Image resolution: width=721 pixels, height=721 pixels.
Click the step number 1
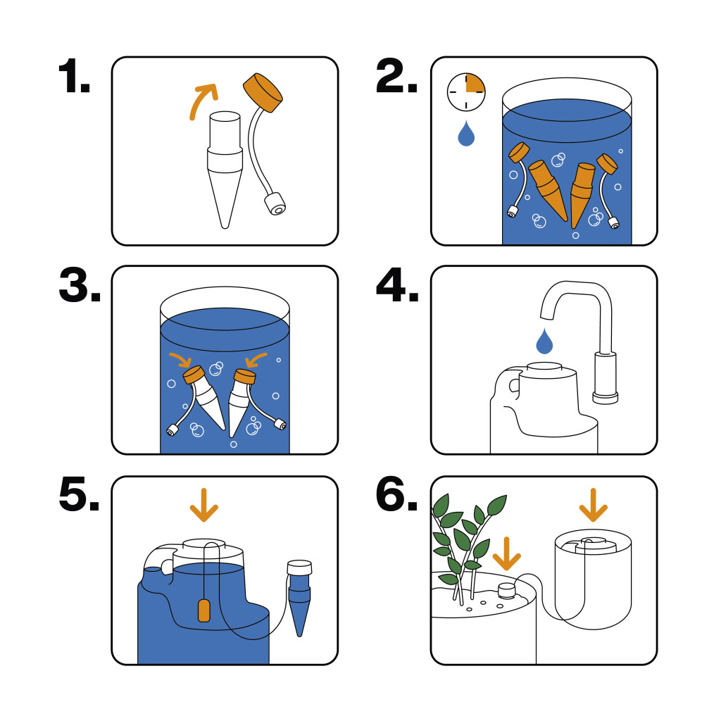[x=74, y=76]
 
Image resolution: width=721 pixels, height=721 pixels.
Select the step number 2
[x=396, y=76]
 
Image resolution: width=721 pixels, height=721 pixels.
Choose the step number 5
[x=79, y=494]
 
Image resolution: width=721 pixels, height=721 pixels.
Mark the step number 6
[x=396, y=494]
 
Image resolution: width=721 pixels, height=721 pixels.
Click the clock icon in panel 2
[x=466, y=92]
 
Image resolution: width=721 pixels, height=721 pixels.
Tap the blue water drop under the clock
[x=466, y=133]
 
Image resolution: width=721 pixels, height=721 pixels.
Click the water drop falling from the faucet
[x=544, y=341]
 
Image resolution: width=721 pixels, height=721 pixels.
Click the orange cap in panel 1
[x=263, y=92]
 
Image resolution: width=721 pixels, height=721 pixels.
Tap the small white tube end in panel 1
[x=275, y=205]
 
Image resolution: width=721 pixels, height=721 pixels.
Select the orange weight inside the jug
[x=204, y=610]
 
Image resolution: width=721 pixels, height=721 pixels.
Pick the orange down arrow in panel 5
[x=203, y=505]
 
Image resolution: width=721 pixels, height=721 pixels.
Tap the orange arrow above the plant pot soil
[x=506, y=553]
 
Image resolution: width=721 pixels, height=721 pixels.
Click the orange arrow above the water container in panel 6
[x=593, y=505]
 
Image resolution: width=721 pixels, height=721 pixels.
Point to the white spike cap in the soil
[x=507, y=591]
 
